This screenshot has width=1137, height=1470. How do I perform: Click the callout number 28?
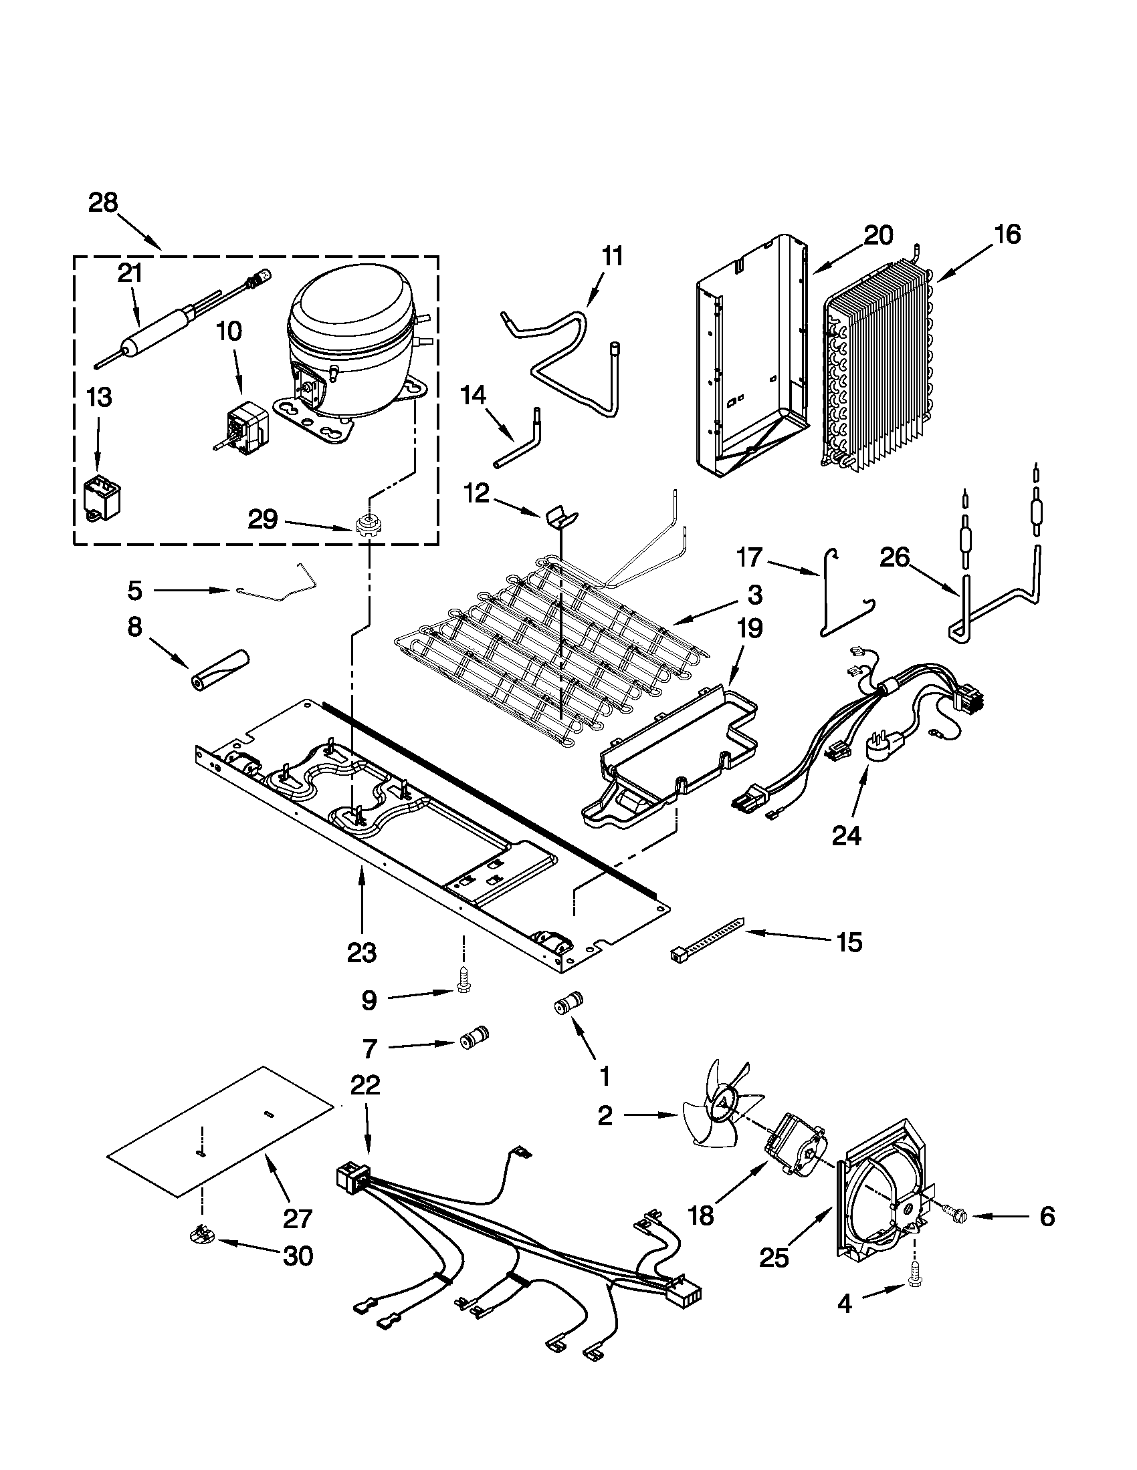103,202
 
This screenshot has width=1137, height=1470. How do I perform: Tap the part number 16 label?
1007,235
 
